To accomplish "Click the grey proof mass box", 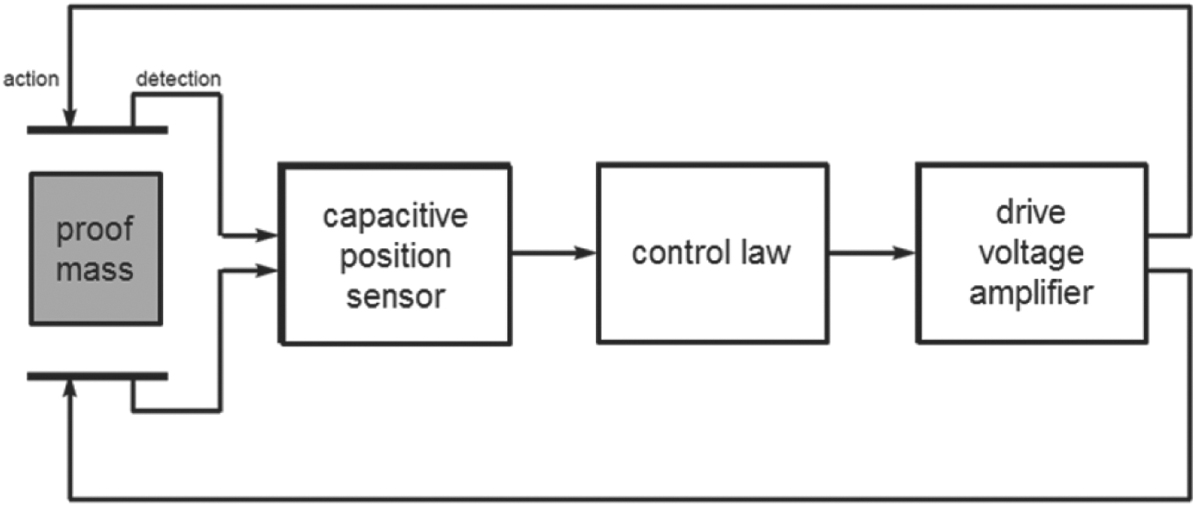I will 96,248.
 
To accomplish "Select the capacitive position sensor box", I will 395,255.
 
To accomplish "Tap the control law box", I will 711,253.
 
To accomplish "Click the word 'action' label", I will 31,79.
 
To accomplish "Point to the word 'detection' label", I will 177,79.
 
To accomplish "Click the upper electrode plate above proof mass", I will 97,129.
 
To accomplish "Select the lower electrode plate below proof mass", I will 97,376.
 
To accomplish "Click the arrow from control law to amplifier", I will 871,254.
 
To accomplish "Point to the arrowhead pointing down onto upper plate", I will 69,118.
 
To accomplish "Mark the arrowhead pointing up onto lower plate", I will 69,388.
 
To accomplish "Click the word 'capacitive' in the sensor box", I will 395,217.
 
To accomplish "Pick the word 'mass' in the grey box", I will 96,269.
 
